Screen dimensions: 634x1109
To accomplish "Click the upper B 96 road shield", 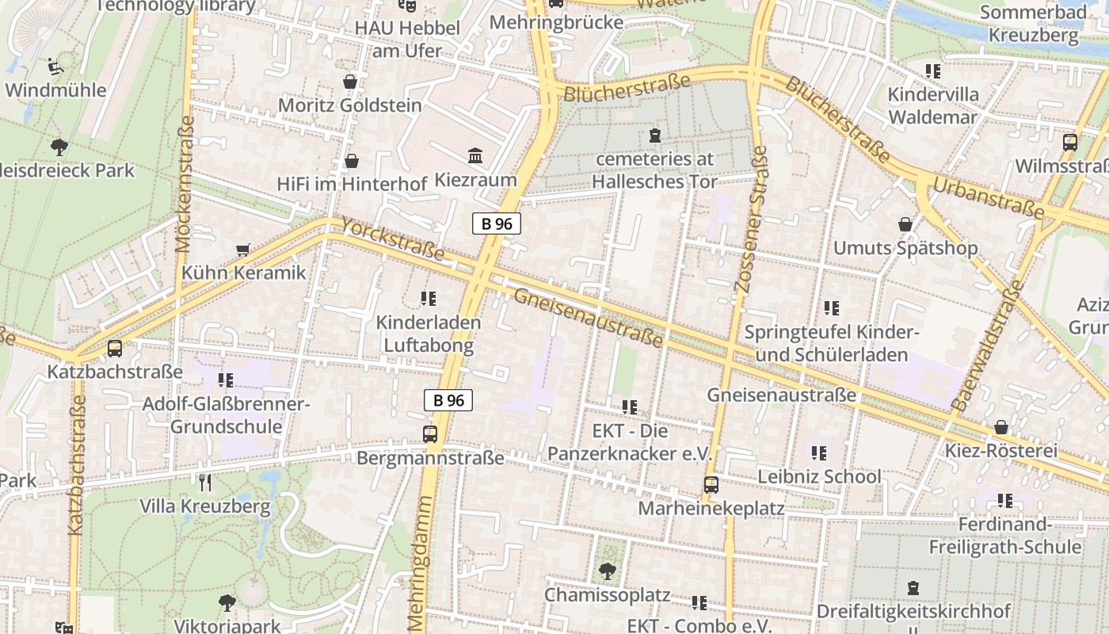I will click(x=497, y=223).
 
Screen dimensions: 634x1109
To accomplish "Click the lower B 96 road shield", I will click(x=448, y=400).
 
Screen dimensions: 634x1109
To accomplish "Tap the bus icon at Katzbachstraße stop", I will click(x=115, y=348).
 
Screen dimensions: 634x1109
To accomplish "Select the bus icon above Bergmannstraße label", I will click(x=430, y=433).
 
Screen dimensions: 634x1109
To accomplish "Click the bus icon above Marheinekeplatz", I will click(x=711, y=484).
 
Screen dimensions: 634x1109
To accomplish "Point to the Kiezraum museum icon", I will click(x=475, y=155).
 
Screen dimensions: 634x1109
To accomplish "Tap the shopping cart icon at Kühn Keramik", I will click(x=243, y=250).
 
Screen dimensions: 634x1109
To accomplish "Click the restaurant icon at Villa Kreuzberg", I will click(x=205, y=481).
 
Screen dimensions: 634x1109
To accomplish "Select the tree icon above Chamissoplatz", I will click(x=607, y=570).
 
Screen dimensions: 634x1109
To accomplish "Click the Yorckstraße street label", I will click(x=393, y=239).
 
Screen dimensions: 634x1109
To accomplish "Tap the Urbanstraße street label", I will click(x=988, y=197).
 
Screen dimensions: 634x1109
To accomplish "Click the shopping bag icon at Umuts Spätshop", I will click(x=905, y=225).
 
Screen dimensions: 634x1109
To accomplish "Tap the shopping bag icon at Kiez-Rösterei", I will click(x=1001, y=427).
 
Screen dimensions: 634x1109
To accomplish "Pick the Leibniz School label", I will click(x=819, y=476).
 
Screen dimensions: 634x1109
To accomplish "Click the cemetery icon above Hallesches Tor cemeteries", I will click(x=654, y=136).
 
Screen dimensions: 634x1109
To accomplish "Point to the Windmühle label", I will click(x=55, y=90).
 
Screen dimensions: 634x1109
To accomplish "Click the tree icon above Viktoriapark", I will click(x=227, y=602).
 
